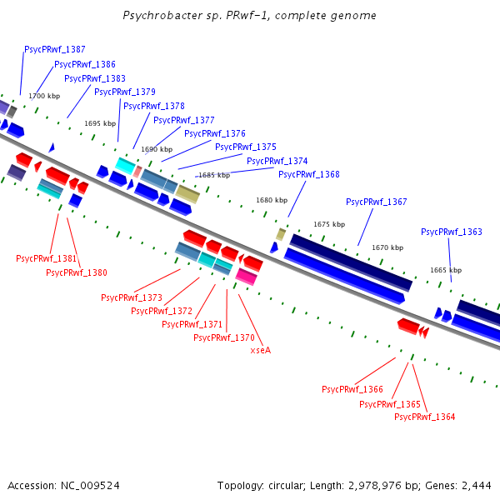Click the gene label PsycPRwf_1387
click(x=55, y=50)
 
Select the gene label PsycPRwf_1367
click(x=376, y=202)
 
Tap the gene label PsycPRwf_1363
click(x=451, y=232)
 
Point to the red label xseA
click(x=261, y=351)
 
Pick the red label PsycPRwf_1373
click(x=131, y=297)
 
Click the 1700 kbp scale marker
click(x=44, y=97)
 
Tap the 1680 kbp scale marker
click(x=271, y=201)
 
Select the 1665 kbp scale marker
click(x=445, y=271)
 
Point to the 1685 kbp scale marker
click(x=212, y=176)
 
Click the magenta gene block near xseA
click(x=246, y=276)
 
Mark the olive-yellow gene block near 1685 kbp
click(x=187, y=194)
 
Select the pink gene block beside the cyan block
click(x=137, y=171)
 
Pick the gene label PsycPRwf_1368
click(x=308, y=175)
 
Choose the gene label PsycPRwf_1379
click(x=124, y=92)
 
